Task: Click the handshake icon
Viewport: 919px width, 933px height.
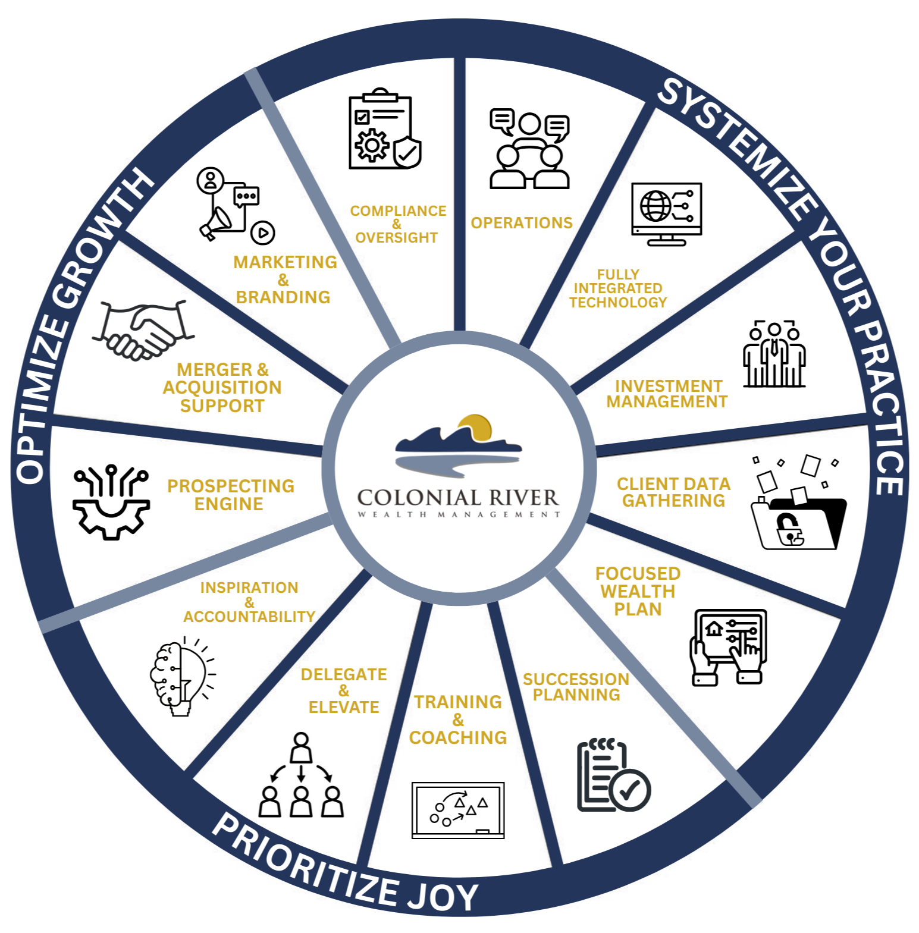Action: tap(143, 330)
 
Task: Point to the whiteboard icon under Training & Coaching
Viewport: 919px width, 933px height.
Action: tap(458, 810)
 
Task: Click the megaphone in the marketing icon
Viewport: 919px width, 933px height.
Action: tap(215, 223)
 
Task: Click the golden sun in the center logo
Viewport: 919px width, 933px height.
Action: tap(475, 426)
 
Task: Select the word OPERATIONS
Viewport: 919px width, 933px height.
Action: tap(522, 223)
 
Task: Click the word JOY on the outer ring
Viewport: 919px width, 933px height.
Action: tap(443, 896)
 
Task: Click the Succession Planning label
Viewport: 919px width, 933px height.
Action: tap(576, 687)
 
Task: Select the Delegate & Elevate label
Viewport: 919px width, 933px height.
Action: tap(344, 691)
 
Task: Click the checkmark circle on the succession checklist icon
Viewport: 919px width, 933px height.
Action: tap(630, 790)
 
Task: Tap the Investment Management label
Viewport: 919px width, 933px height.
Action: tap(667, 394)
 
